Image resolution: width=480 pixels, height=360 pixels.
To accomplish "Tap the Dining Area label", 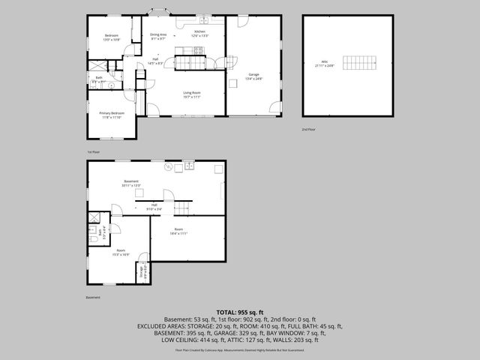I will (158, 35).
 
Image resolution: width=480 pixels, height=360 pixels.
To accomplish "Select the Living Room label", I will (193, 94).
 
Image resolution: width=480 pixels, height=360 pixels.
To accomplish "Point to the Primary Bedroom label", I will (111, 115).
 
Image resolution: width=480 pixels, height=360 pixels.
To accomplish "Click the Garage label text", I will (253, 76).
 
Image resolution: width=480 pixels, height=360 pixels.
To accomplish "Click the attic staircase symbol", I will (358, 61).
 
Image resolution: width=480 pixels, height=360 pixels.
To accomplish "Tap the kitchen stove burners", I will (198, 51).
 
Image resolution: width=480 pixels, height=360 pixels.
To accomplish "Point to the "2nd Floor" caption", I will (307, 130).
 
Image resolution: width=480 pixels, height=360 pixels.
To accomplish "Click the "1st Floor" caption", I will (93, 152).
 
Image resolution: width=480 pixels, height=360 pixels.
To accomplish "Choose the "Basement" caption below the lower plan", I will (92, 297).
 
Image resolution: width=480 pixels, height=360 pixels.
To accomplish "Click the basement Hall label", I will (154, 206).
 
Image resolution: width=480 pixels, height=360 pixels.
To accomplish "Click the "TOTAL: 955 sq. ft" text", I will (239, 311).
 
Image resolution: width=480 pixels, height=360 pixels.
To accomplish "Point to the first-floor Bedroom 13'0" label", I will (112, 37).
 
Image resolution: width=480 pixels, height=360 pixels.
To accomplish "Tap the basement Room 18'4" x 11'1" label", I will (178, 232).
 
